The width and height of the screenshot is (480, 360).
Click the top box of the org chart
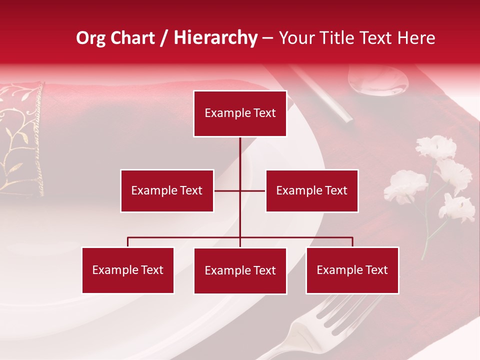point(240,113)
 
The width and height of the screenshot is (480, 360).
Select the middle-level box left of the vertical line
point(167,190)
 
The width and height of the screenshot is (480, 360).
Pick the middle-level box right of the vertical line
point(311,190)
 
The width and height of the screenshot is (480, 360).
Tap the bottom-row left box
point(128,270)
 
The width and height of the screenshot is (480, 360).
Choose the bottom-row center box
point(240,270)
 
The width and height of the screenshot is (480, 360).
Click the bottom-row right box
point(352,270)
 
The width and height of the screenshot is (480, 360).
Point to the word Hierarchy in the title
point(215,38)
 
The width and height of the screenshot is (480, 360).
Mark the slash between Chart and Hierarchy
point(164,38)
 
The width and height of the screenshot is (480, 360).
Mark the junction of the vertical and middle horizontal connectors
point(240,190)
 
